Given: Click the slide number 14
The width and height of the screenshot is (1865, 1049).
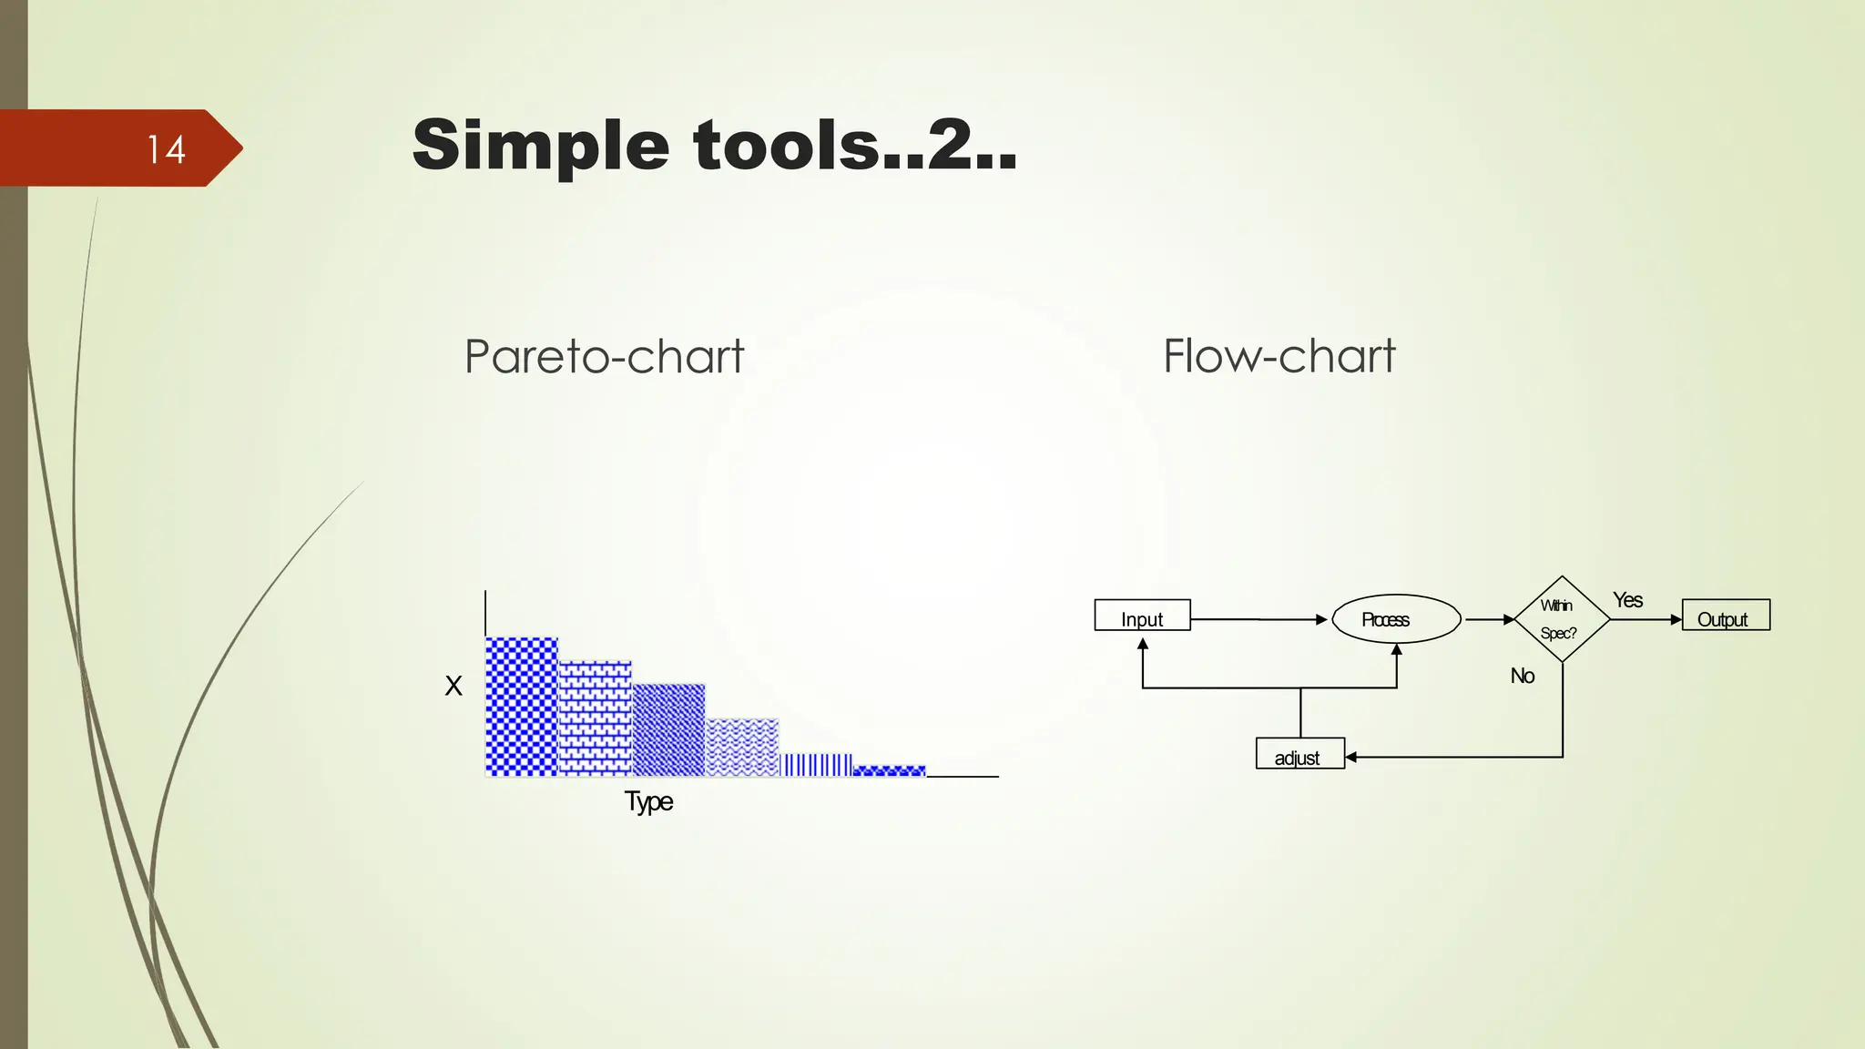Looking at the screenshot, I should [x=167, y=149].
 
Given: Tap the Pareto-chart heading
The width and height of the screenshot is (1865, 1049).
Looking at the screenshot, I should [x=604, y=356].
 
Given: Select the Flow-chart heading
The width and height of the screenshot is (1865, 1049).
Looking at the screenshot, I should [x=1279, y=356].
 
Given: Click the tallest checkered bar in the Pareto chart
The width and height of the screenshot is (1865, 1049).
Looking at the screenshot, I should [x=521, y=707].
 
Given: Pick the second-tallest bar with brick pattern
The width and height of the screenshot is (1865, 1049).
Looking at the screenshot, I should [x=595, y=718].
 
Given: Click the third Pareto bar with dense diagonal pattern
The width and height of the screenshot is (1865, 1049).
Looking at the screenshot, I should [x=668, y=729].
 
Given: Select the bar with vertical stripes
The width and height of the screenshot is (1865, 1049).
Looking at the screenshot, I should [x=816, y=764].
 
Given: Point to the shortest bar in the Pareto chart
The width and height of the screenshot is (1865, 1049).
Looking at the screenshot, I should [x=890, y=770].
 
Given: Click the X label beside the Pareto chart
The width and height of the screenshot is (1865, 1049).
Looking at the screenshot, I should [x=454, y=686].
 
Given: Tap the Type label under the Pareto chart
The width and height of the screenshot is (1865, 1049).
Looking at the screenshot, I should [x=648, y=801].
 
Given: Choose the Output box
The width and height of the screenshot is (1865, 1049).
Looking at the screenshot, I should [x=1726, y=616].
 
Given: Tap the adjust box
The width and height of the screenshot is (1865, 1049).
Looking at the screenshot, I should [x=1299, y=754].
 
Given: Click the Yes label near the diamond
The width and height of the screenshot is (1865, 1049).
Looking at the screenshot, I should [x=1628, y=600].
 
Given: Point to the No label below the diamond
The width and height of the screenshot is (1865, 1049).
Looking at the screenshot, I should [x=1523, y=676].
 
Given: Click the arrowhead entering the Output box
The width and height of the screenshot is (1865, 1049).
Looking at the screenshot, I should [x=1676, y=619].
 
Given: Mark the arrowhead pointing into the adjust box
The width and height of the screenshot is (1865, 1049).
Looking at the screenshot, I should [x=1351, y=757].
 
